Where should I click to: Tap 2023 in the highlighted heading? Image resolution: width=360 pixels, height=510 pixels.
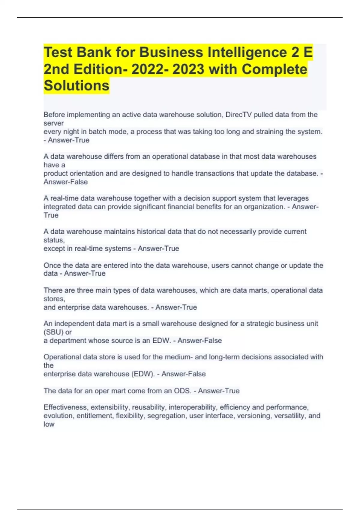(x=188, y=69)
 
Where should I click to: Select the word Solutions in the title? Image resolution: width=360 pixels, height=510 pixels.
(x=76, y=86)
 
